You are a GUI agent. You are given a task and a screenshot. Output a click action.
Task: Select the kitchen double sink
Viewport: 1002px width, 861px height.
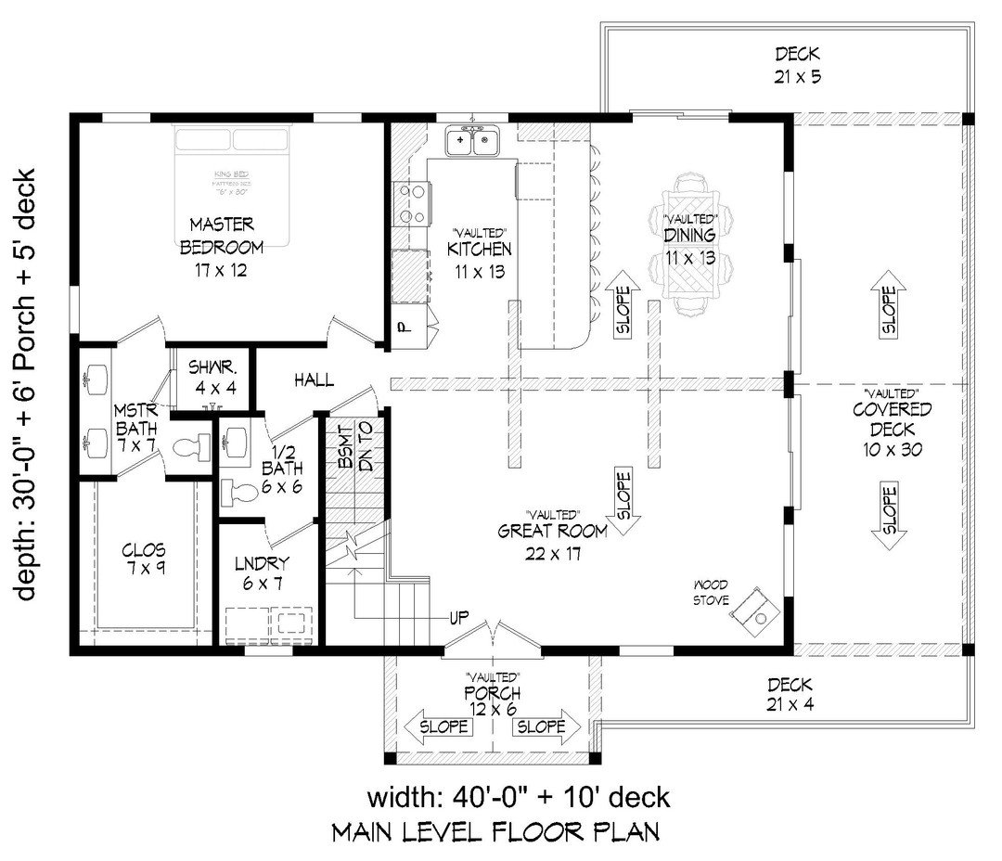pos(473,142)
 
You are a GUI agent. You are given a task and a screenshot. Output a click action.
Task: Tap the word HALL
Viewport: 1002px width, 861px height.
pos(314,379)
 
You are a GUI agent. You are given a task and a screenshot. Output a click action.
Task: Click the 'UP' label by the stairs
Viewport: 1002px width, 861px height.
pos(458,617)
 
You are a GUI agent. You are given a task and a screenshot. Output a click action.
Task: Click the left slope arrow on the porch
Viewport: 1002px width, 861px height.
pos(436,726)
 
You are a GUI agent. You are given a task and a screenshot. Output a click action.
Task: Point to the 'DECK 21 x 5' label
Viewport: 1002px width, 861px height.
pos(797,65)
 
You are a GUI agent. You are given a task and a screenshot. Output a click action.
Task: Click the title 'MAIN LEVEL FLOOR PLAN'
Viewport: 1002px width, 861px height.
pos(495,832)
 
